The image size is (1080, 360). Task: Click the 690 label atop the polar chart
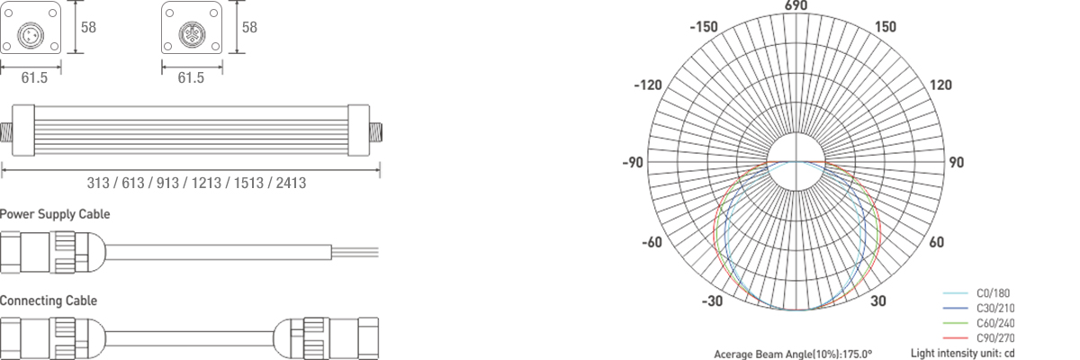tap(796, 5)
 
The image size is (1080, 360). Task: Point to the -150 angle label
tap(704, 27)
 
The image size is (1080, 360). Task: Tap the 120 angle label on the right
tap(940, 85)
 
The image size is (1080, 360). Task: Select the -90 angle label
tap(633, 163)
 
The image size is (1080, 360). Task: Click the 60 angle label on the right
tap(936, 242)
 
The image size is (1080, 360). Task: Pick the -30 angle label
tap(712, 301)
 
